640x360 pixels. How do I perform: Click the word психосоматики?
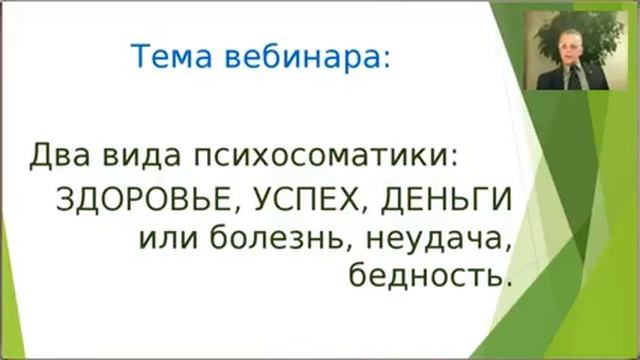pyautogui.click(x=325, y=157)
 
